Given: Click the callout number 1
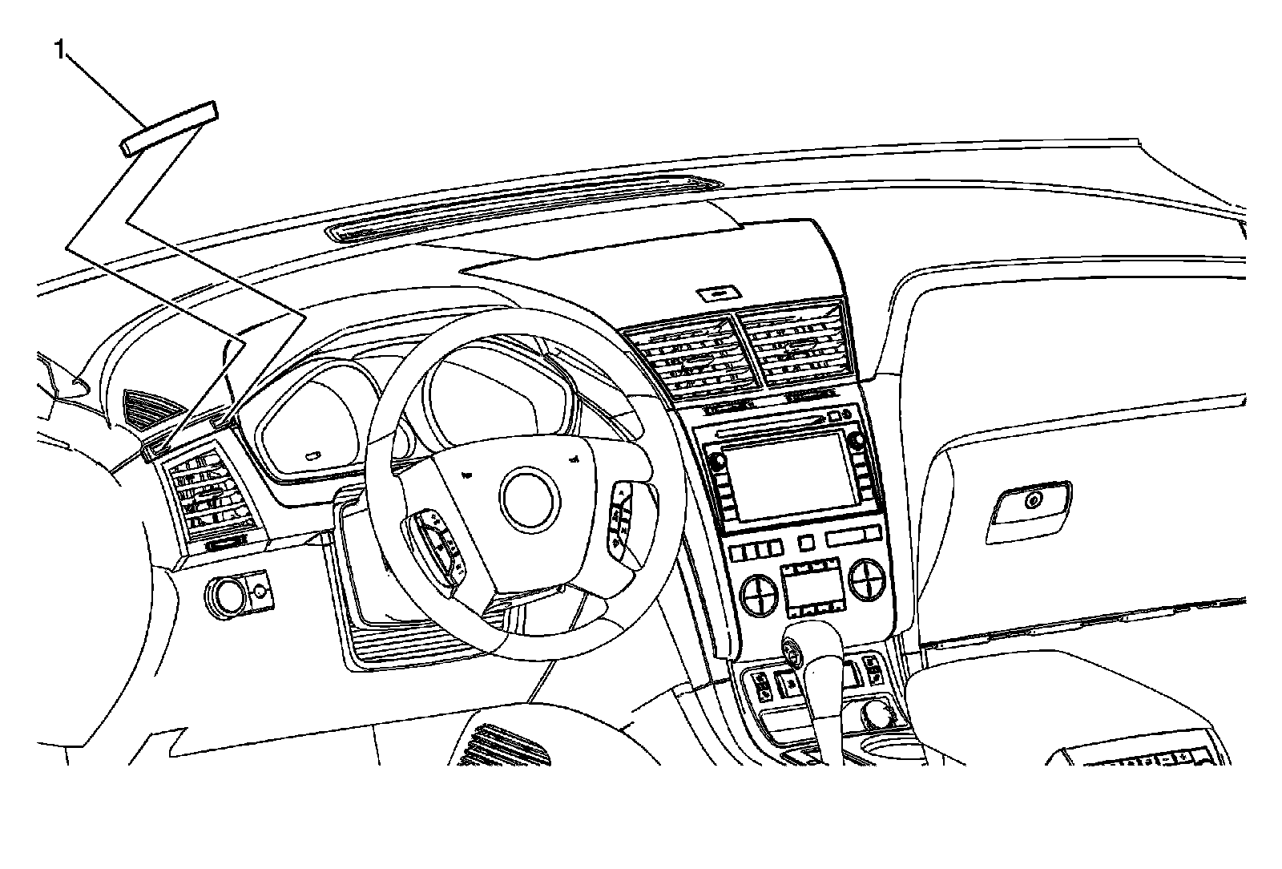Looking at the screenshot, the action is (58, 51).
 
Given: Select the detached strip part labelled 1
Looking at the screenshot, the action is (168, 128).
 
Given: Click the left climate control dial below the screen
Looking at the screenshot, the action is (758, 594).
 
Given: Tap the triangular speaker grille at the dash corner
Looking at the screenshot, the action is (152, 409).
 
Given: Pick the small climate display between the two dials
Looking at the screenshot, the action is (811, 590).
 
